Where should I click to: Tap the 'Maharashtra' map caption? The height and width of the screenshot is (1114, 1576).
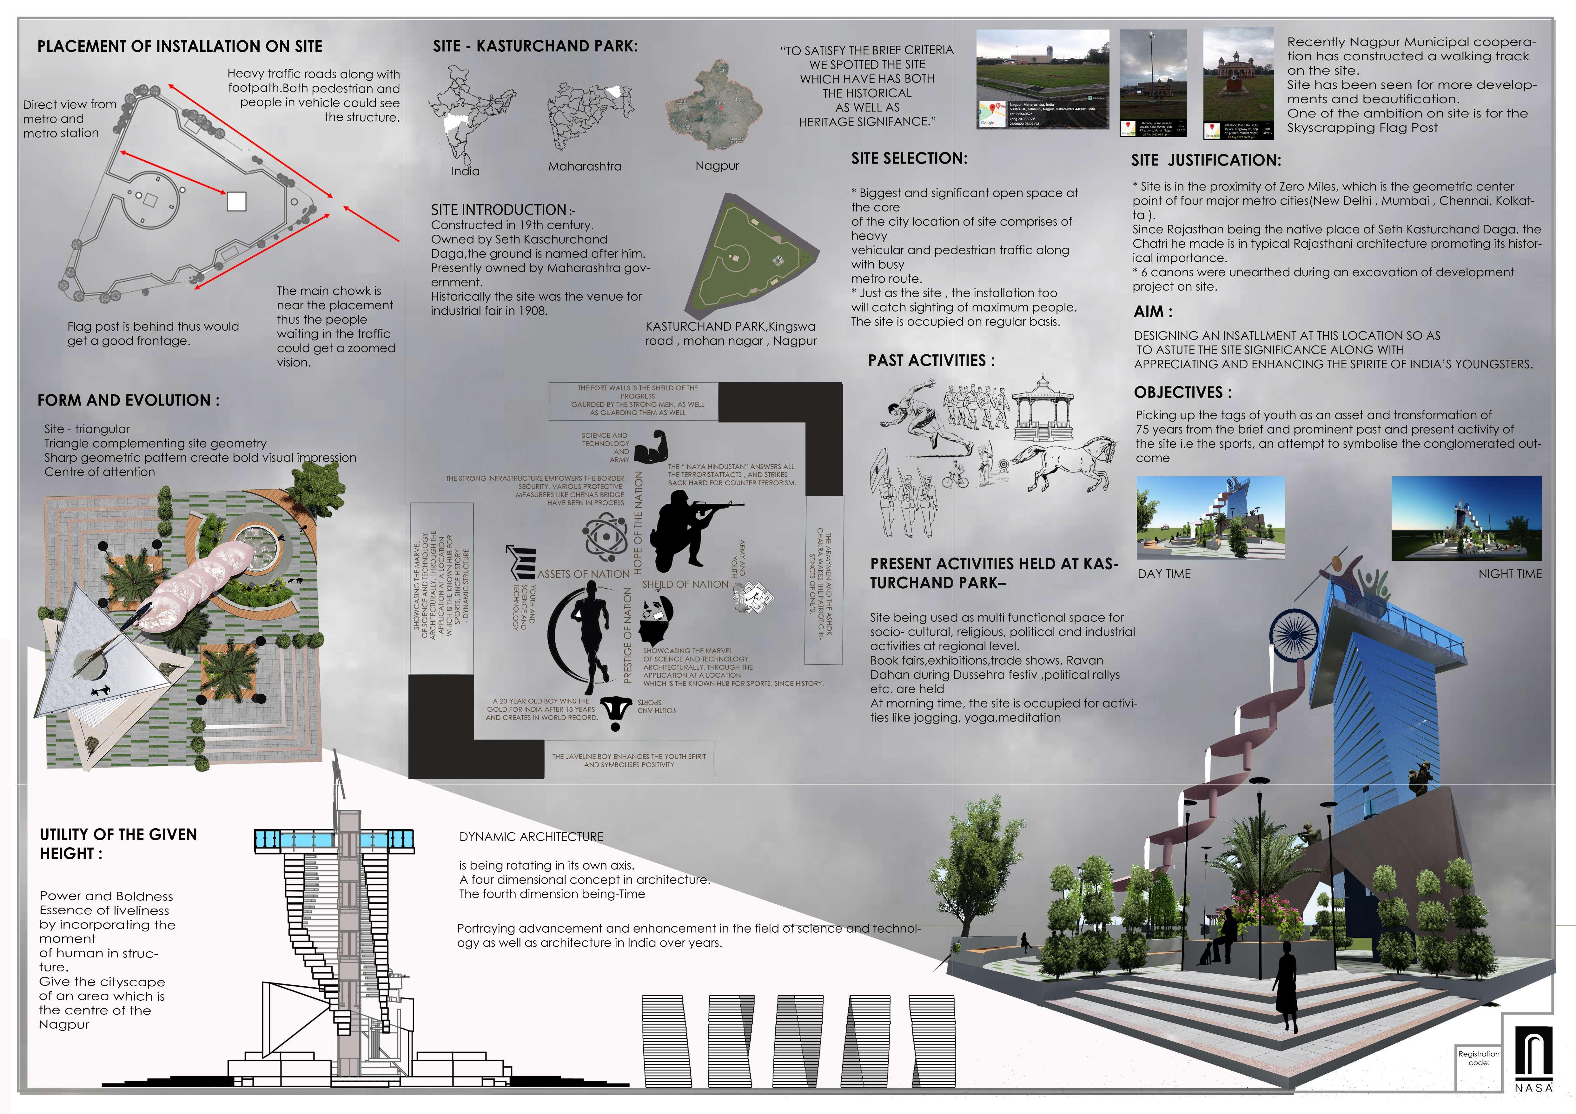point(585,166)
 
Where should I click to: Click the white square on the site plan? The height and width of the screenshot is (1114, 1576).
point(236,201)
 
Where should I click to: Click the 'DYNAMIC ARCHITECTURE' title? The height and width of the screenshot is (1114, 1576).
point(531,836)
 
